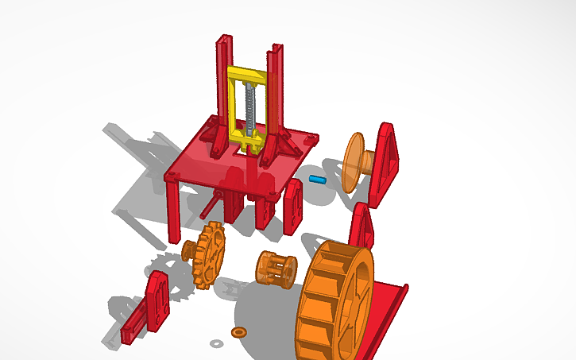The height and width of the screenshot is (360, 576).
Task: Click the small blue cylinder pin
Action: pyautogui.click(x=319, y=180)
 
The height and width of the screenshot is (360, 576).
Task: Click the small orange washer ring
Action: pyautogui.click(x=238, y=331)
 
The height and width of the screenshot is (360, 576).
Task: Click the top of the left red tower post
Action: pyautogui.click(x=223, y=41)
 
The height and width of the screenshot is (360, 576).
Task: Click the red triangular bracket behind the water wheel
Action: pyautogui.click(x=362, y=226)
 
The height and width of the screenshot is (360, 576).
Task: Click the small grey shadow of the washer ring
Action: pyautogui.click(x=216, y=343)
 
